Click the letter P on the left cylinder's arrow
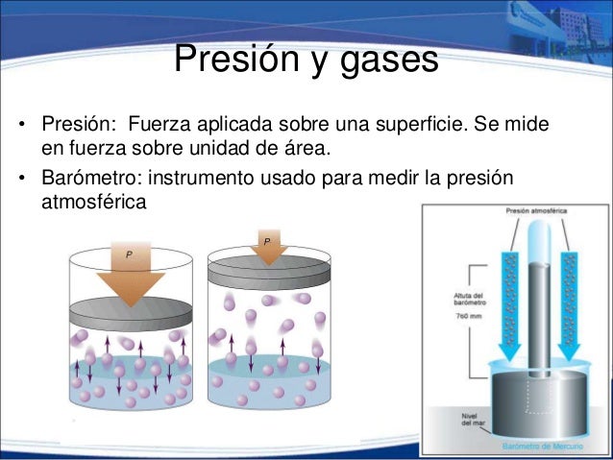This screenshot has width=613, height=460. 126,254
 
